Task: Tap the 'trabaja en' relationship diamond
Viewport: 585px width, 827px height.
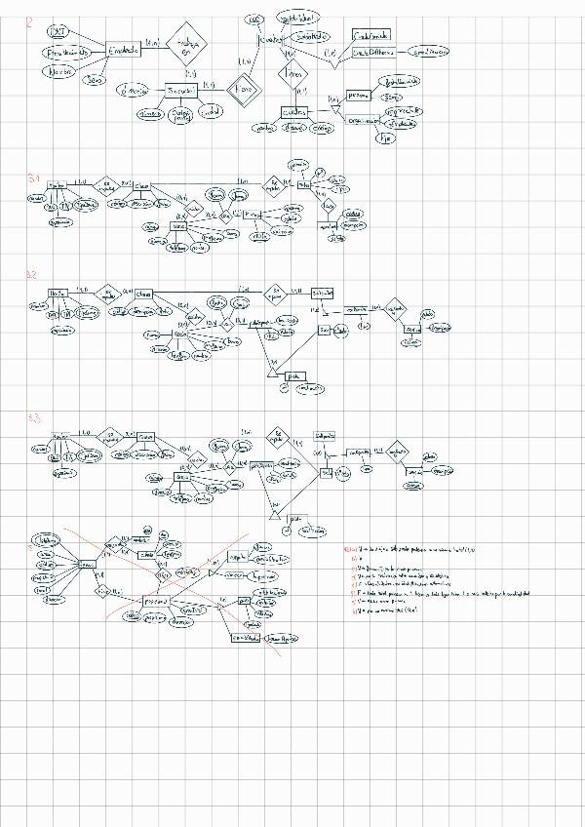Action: (187, 43)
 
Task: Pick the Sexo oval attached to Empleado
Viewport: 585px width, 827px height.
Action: (95, 81)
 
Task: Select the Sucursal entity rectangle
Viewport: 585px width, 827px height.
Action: (181, 91)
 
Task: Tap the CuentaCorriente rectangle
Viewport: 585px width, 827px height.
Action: (371, 34)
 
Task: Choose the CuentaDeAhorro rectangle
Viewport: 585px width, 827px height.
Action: (372, 51)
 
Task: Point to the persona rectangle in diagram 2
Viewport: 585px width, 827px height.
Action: (359, 97)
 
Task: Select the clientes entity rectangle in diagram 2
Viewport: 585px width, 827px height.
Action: (294, 112)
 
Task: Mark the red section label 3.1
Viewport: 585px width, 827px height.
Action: (34, 178)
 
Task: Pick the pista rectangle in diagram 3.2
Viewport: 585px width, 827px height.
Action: (293, 375)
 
